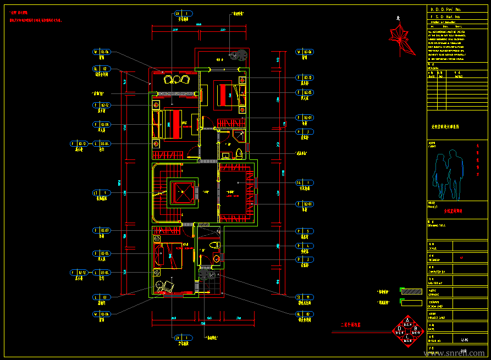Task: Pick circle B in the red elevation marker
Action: pos(416,329)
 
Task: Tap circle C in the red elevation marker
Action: pos(407,338)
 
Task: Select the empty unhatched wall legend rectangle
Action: pos(410,301)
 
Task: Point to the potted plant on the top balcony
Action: pos(239,54)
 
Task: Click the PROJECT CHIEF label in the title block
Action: pos(436,318)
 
